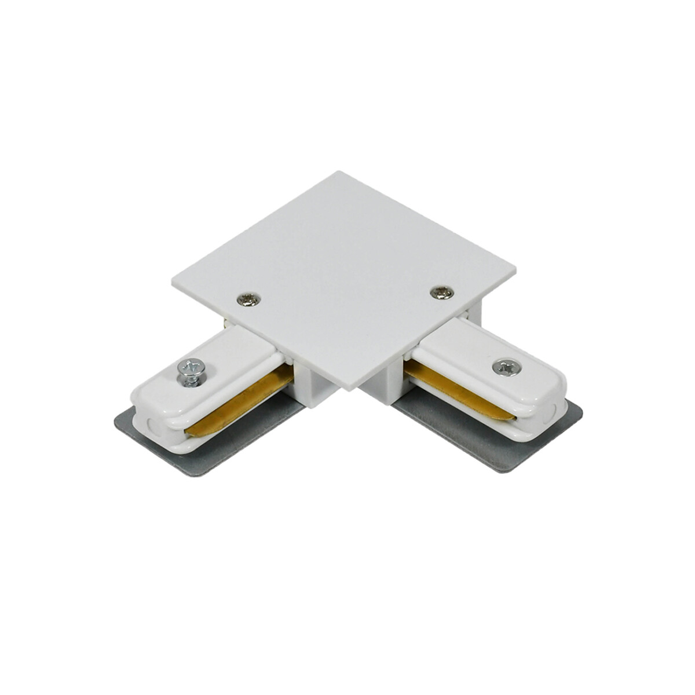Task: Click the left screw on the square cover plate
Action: pos(250,299)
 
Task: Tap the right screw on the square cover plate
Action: pos(443,293)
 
